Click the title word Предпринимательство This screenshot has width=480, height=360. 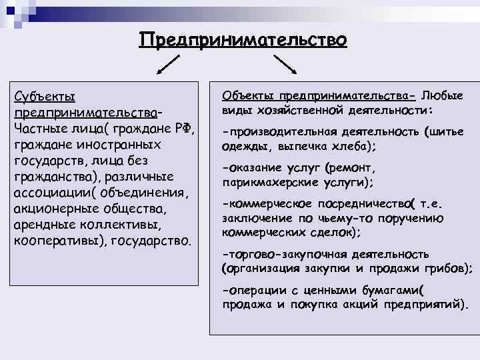point(243,41)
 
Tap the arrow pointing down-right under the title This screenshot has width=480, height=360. point(285,64)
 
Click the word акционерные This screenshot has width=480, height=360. point(53,209)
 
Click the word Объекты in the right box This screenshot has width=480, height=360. point(246,96)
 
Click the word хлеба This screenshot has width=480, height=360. point(347,146)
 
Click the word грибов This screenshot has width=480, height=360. point(445,268)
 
